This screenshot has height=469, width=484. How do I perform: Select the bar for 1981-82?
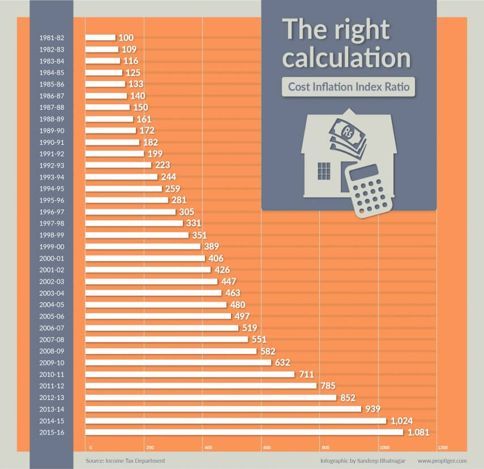point(100,38)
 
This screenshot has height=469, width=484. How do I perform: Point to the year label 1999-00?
point(51,247)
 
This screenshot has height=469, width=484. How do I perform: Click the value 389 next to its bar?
point(212,247)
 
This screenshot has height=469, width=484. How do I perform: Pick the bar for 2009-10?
point(178,363)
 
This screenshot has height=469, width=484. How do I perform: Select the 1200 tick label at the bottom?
point(442,448)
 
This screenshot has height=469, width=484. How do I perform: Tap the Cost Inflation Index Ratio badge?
point(349,87)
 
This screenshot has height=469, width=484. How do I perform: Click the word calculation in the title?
point(346,58)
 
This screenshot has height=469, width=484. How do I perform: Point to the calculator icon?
point(370,190)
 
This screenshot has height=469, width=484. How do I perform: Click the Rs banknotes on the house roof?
point(348,136)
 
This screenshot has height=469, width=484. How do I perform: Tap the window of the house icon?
point(324,170)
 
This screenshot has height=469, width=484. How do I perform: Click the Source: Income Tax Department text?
point(125,461)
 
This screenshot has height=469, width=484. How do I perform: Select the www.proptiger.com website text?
point(442,461)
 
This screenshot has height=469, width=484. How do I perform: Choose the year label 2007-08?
point(51,339)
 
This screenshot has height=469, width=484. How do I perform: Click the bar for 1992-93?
point(118,165)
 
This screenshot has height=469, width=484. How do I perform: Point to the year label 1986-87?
point(51,96)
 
